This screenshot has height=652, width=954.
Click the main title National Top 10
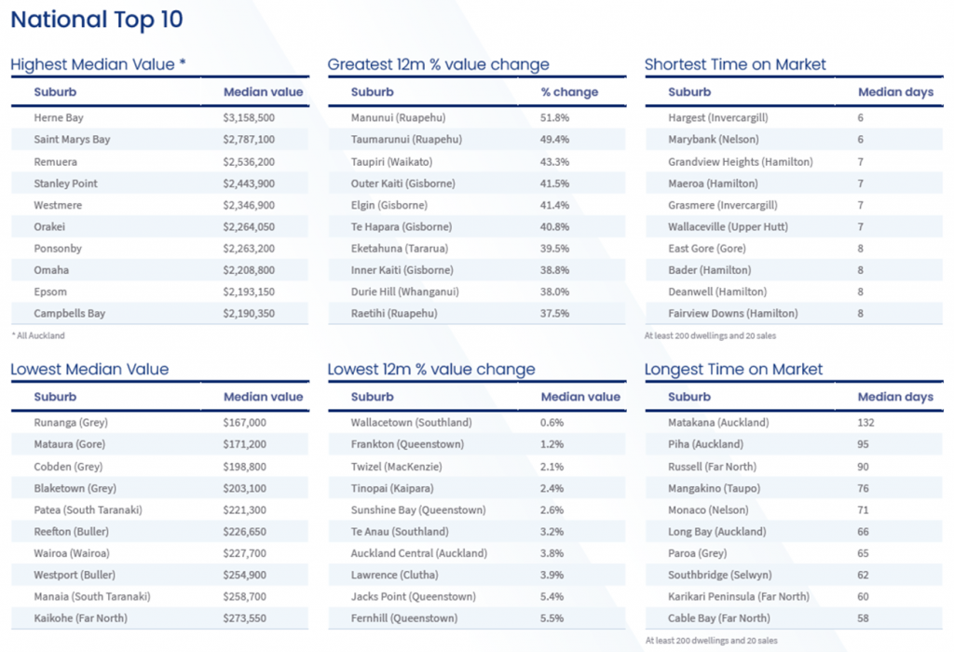click(x=97, y=20)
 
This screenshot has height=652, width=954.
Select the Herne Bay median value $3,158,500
click(x=249, y=118)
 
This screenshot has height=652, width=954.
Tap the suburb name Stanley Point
click(x=65, y=183)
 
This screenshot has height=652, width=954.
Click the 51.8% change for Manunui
click(x=555, y=118)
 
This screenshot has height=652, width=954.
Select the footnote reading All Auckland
click(x=38, y=335)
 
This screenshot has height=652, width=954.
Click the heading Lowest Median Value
click(x=89, y=370)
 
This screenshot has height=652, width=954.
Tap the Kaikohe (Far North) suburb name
click(x=80, y=618)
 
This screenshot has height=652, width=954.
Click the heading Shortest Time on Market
click(x=735, y=65)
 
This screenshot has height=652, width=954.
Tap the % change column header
click(x=569, y=92)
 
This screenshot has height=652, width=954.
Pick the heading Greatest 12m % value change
click(x=438, y=65)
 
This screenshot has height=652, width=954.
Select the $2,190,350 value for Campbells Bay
click(x=249, y=314)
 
